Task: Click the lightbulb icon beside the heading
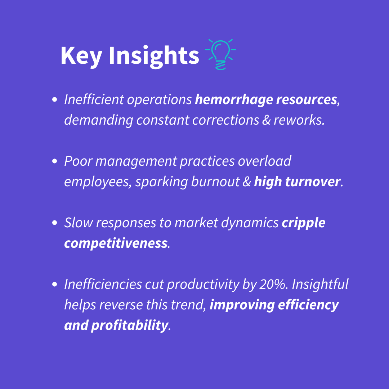220,55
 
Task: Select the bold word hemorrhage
234,100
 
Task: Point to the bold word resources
307,100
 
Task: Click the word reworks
299,120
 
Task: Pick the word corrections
225,120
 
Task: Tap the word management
136,162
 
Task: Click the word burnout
215,182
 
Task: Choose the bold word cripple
303,223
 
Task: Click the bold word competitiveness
116,243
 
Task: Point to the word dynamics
250,223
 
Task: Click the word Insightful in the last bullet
320,284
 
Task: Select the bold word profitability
130,326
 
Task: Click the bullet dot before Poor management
55,161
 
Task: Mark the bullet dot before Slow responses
55,223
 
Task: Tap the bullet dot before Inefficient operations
55,100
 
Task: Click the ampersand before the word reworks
266,120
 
